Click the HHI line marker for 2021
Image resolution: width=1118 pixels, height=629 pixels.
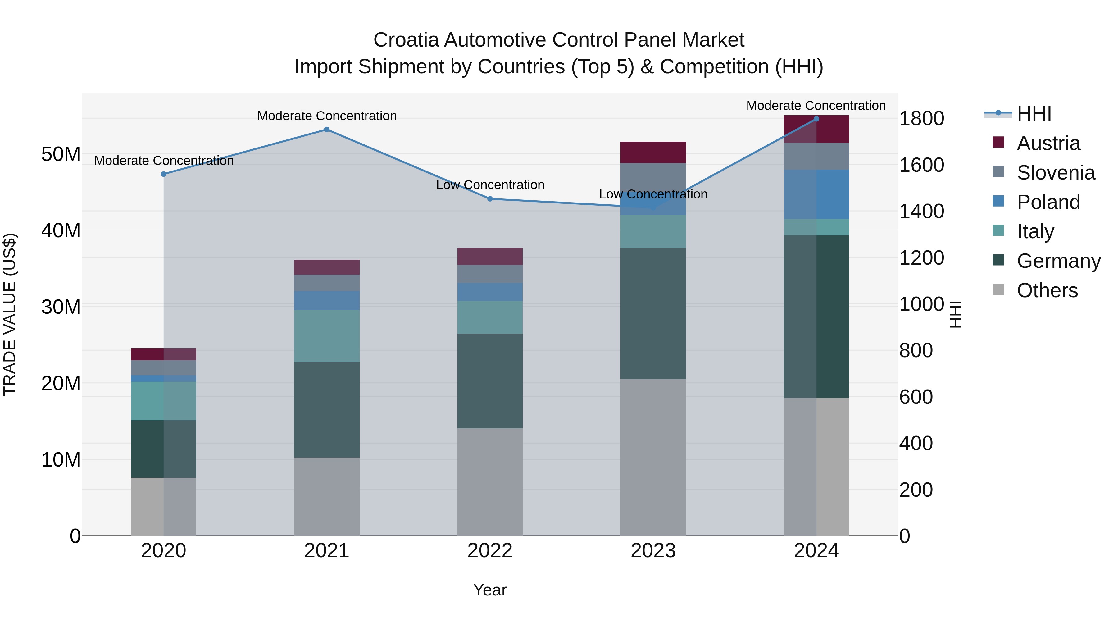tap(327, 129)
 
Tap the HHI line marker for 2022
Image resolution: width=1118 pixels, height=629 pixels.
tap(490, 199)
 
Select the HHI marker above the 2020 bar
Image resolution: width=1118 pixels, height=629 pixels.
tap(164, 174)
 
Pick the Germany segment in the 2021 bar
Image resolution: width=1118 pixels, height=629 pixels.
tap(327, 409)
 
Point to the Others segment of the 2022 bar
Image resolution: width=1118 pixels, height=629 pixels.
tap(490, 481)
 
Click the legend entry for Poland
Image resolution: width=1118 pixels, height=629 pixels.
tap(1048, 202)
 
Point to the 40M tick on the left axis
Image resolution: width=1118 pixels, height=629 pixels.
tap(61, 230)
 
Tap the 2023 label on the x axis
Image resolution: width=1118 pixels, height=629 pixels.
tap(653, 551)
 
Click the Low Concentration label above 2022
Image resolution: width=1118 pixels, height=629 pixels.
tap(490, 185)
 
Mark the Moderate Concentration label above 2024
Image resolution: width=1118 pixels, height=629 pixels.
tap(816, 106)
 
